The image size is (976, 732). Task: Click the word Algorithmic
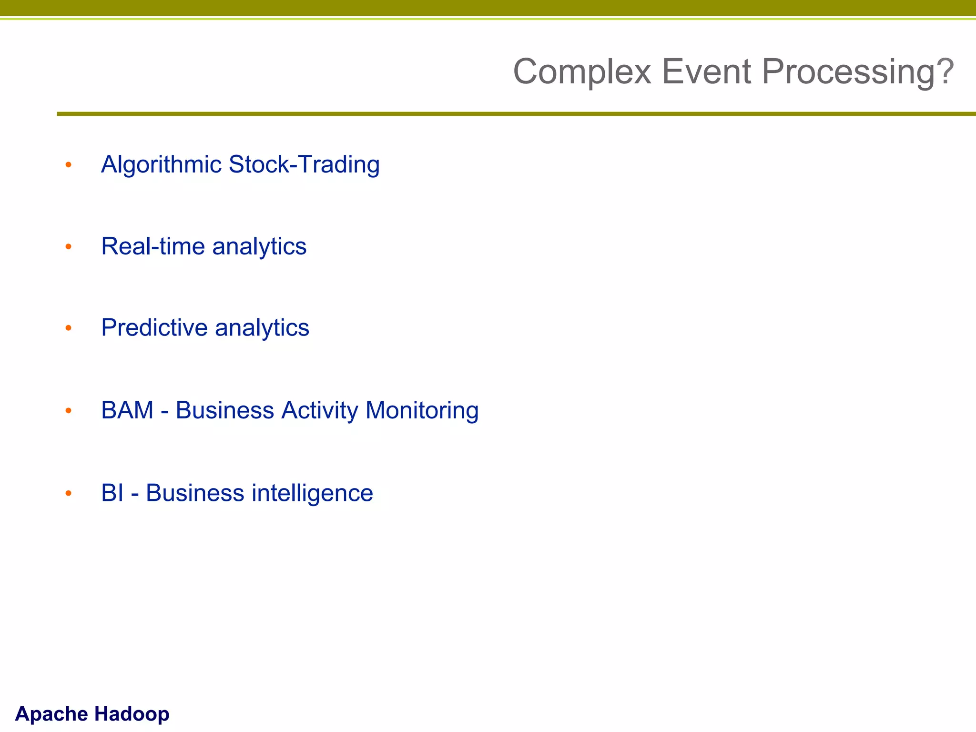[x=162, y=165]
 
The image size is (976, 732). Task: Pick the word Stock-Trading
[x=304, y=165]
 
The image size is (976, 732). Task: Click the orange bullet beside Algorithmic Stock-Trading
[x=69, y=165]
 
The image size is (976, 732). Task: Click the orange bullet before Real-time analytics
[x=69, y=246]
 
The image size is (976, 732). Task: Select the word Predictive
[x=154, y=328]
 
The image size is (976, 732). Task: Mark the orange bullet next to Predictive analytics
[x=69, y=328]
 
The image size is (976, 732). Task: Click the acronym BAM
[x=127, y=410]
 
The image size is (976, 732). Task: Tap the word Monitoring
[x=422, y=410]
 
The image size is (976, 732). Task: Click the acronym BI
[x=112, y=493]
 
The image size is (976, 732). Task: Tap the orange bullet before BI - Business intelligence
[x=69, y=493]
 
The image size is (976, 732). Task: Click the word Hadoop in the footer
[x=132, y=714]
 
